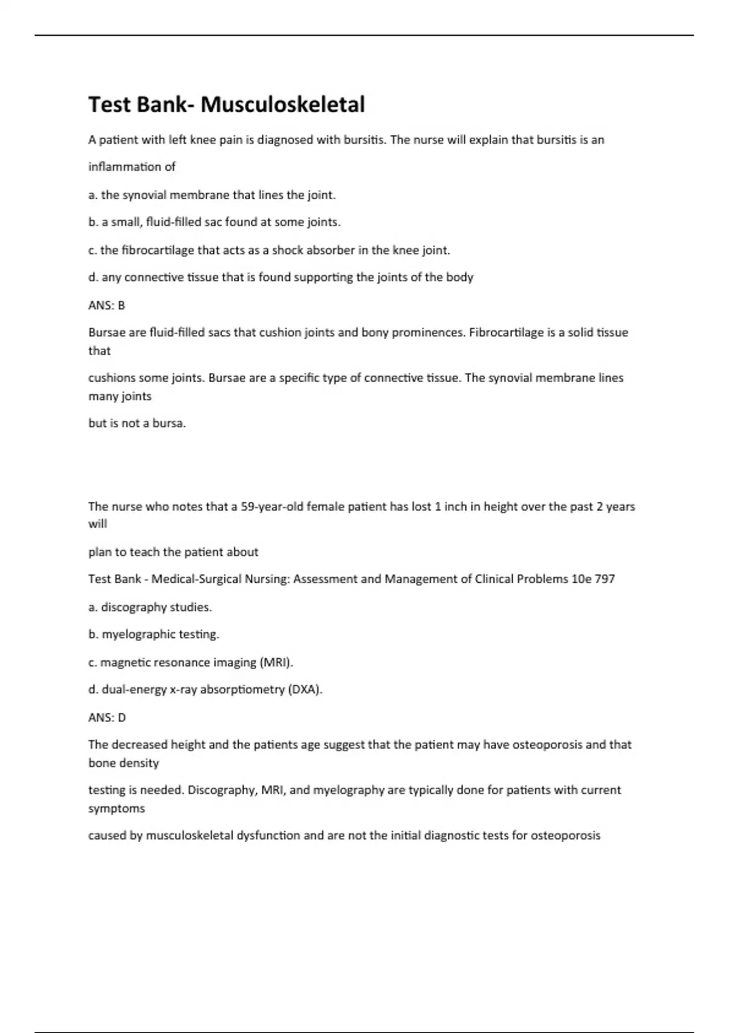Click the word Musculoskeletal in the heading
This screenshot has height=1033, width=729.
point(282,105)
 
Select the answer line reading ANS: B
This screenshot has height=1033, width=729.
point(106,305)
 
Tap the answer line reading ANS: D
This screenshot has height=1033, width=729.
point(107,717)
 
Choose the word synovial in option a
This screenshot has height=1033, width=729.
point(144,195)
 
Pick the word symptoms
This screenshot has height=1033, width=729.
point(117,808)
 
